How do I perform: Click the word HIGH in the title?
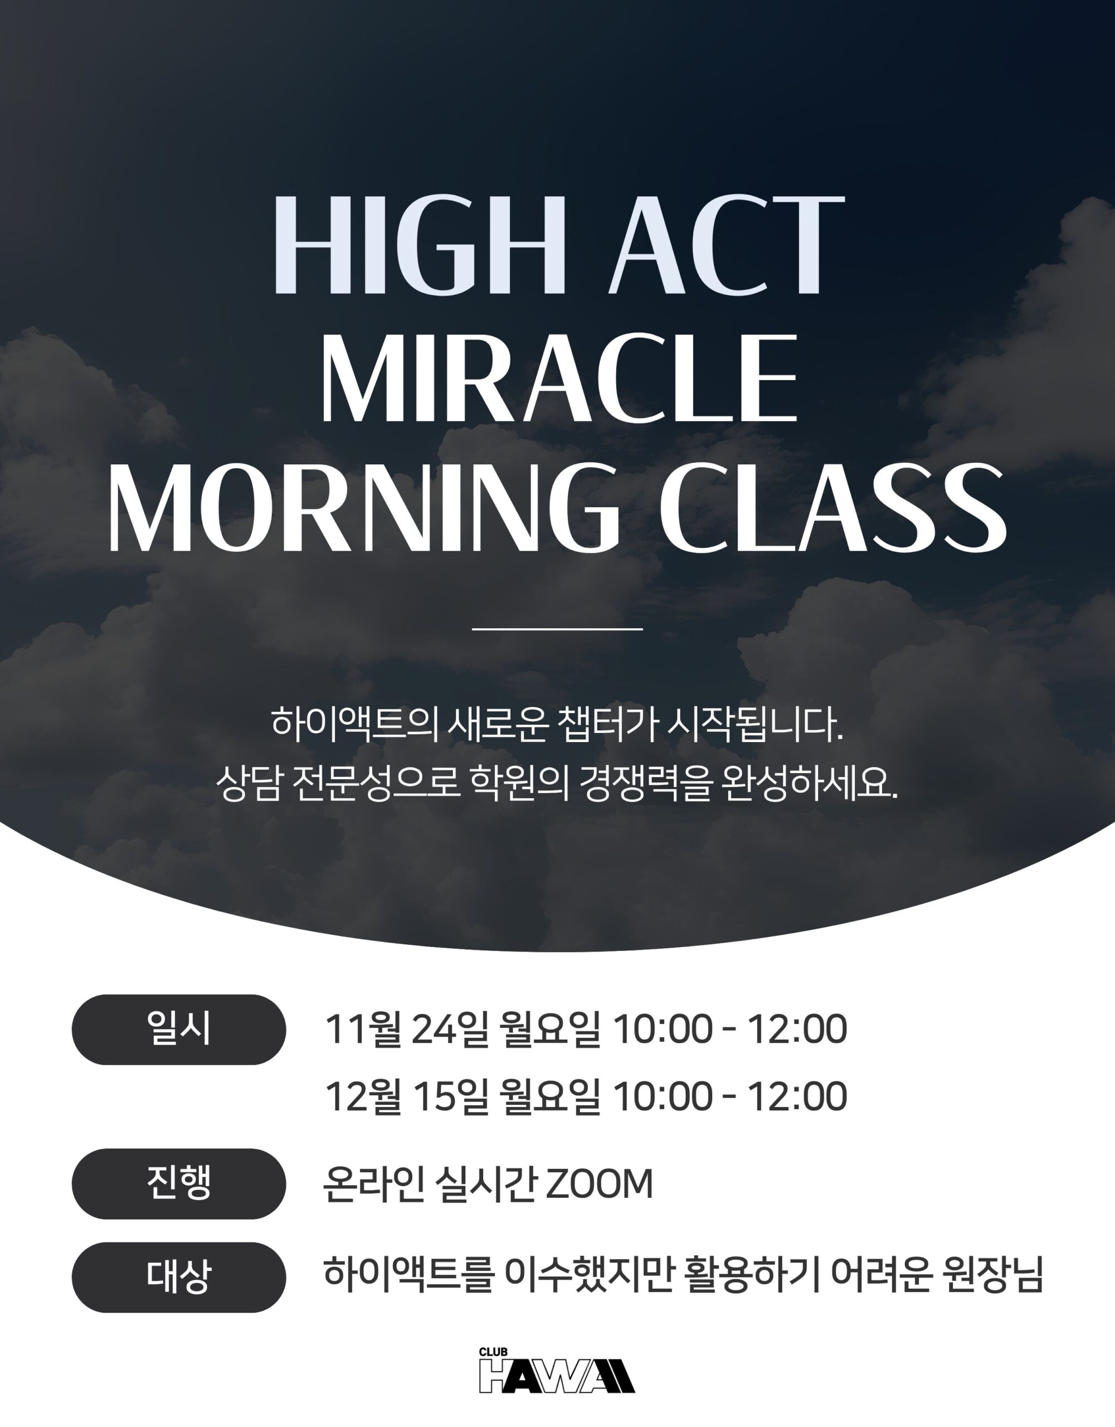418,245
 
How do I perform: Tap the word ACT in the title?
727,245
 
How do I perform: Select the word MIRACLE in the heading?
559,378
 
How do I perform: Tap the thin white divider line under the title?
557,629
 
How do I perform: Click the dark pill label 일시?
179,1029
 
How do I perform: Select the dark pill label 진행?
179,1183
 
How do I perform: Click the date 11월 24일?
407,1029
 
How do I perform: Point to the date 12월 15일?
407,1096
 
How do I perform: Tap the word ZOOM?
599,1184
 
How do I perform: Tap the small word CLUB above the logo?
493,1352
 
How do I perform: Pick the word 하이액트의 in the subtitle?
355,724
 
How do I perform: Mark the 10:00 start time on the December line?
663,1096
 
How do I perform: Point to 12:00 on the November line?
797,1030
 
